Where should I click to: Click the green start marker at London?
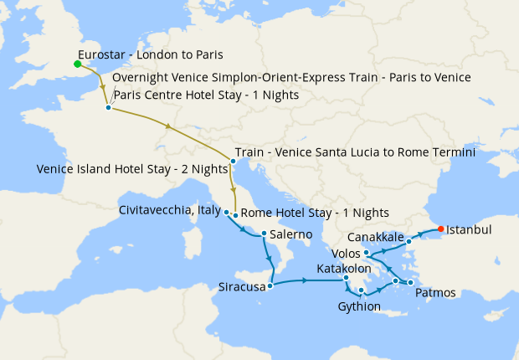point(77,64)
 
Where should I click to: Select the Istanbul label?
point(469,229)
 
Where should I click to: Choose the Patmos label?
point(435,292)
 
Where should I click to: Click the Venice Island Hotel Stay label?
point(132,168)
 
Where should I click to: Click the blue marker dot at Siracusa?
point(270,285)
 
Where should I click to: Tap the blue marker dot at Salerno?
point(264,234)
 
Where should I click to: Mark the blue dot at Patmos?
point(411,283)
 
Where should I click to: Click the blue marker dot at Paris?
point(109,107)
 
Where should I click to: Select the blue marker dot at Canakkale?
point(409,241)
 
